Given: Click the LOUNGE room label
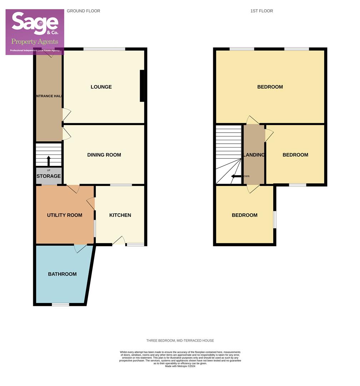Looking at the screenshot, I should click(101, 87).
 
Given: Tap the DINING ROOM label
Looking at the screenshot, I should click(104, 155).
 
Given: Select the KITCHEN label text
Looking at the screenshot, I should click(120, 215).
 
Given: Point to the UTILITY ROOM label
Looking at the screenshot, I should click(65, 215).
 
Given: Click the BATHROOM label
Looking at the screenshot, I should click(62, 274).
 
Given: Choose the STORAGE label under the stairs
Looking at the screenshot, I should click(49, 176).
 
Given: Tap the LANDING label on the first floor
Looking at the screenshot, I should click(254, 155).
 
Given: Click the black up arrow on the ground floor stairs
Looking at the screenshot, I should click(49, 160).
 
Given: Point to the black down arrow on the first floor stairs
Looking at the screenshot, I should click(236, 176).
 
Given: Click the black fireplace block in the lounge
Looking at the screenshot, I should click(142, 86).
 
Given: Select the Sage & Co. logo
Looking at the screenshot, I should click(35, 32).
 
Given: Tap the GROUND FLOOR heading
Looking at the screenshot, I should click(84, 11).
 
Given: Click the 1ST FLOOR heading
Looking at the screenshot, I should click(262, 11).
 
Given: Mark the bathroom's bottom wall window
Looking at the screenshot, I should click(60, 305).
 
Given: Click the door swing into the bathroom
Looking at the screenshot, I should click(80, 248).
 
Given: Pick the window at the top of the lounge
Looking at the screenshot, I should click(104, 49).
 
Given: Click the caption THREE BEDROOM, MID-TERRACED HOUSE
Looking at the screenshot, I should click(180, 341).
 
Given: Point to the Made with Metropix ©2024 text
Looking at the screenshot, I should click(180, 366).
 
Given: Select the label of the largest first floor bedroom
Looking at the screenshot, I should click(270, 87).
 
